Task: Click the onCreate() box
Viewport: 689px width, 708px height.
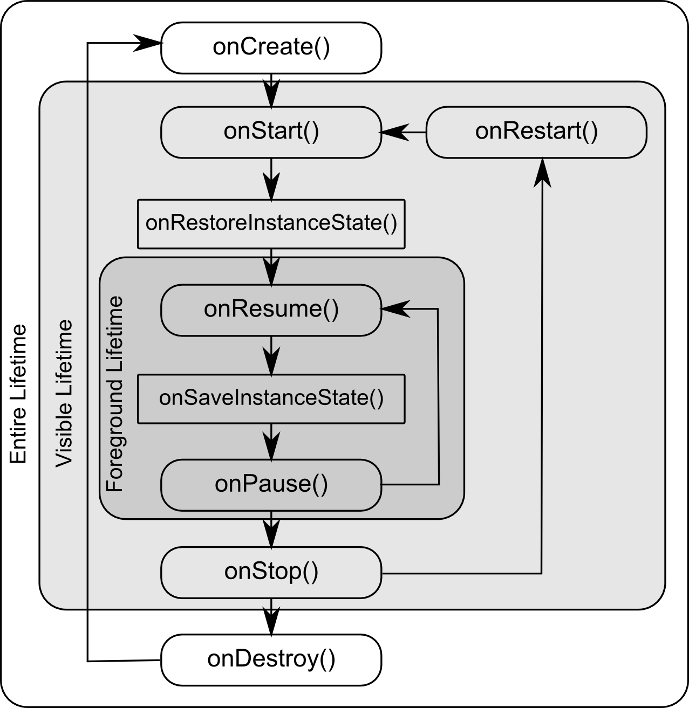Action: [271, 47]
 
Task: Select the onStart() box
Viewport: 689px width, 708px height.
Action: [271, 132]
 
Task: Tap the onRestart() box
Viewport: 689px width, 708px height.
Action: [536, 132]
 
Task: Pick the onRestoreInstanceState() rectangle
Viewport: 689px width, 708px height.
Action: [271, 224]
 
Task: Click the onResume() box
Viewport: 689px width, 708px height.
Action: [271, 310]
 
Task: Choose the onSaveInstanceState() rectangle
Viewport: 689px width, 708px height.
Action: [271, 398]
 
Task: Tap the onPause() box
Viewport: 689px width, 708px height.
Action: [271, 484]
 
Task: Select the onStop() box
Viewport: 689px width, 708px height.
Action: [271, 572]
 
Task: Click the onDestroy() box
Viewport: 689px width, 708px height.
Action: [271, 659]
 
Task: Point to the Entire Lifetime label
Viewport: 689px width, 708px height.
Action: [18, 394]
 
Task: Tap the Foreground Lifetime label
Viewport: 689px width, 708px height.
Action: [114, 394]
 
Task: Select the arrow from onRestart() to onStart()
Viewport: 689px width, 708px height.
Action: [404, 132]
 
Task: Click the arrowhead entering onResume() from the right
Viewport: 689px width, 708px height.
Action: [396, 309]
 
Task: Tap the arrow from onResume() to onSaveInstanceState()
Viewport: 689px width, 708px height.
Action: [271, 355]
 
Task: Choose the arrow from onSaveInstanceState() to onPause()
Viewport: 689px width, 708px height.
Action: [271, 442]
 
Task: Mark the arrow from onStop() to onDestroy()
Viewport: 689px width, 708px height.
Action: [271, 617]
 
